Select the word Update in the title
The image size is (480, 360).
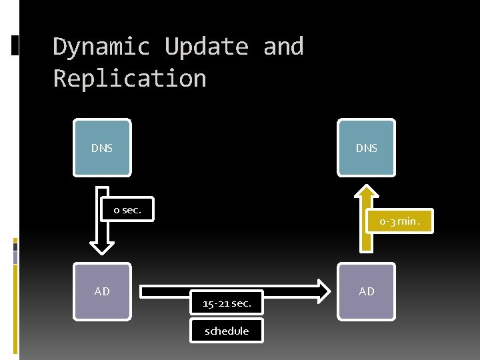(x=206, y=47)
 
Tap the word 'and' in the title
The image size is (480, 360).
(x=283, y=47)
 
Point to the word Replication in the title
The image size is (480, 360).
(x=129, y=79)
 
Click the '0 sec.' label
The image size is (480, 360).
(x=127, y=210)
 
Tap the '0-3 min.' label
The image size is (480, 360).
(x=400, y=221)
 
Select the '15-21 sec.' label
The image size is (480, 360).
(x=227, y=303)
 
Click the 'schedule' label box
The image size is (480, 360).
(x=227, y=331)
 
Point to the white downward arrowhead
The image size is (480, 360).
(x=102, y=247)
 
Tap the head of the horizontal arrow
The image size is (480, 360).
(x=324, y=290)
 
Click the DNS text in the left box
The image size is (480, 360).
(x=102, y=148)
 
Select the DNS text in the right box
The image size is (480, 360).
(x=366, y=148)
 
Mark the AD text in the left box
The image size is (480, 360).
(x=102, y=291)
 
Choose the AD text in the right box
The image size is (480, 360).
(x=366, y=291)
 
